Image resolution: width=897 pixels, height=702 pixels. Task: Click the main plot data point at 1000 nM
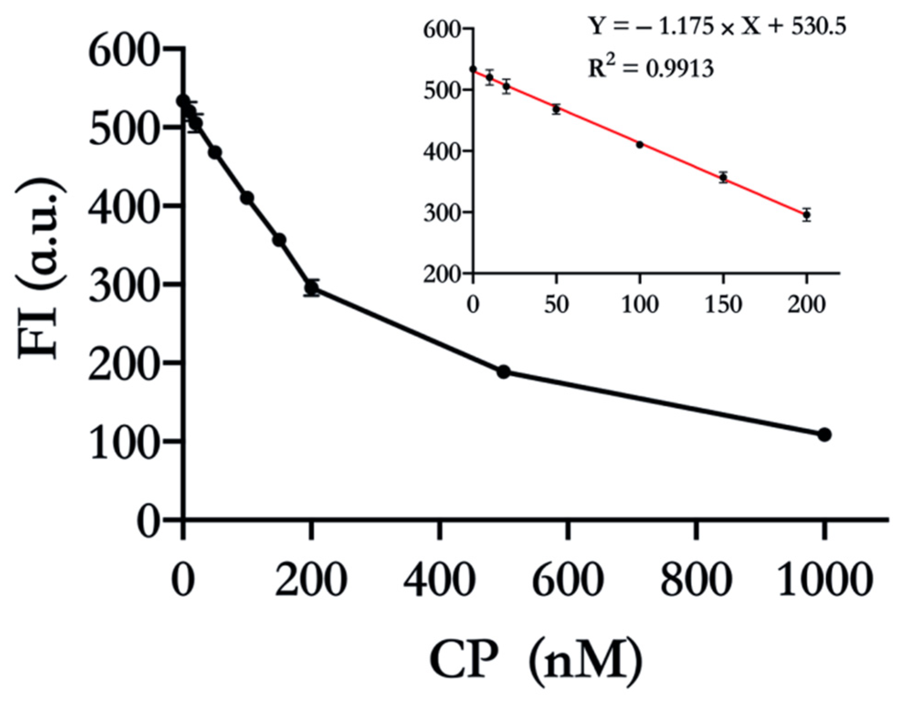click(824, 435)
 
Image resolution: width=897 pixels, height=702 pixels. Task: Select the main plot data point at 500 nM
click(504, 372)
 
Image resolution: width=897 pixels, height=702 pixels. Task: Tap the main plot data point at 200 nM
click(311, 288)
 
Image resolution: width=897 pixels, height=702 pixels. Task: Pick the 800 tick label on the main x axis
click(696, 580)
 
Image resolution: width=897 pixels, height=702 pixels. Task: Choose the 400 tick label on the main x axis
click(439, 580)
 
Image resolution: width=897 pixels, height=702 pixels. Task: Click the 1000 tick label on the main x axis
click(824, 580)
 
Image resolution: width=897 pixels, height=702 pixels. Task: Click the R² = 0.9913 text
click(650, 69)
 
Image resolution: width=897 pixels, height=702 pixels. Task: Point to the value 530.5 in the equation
click(818, 27)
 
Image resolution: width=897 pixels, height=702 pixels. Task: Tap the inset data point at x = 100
click(640, 145)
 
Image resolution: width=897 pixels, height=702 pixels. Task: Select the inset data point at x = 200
click(807, 215)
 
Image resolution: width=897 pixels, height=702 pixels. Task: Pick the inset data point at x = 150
click(723, 177)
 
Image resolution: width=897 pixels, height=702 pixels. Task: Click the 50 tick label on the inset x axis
click(556, 304)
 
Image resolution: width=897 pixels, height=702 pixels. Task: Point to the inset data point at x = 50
click(556, 110)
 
